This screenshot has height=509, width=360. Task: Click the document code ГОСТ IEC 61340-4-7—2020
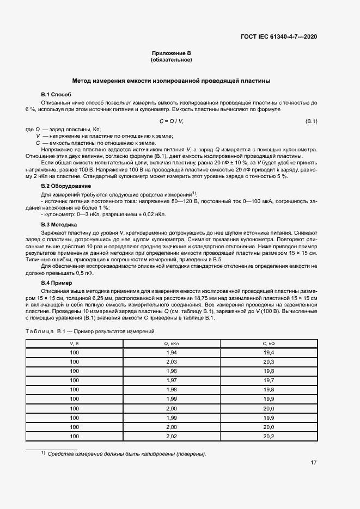[279, 36]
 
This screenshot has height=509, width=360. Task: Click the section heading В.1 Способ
[56, 95]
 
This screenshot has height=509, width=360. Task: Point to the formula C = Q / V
[171, 121]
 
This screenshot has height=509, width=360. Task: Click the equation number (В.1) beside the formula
[311, 121]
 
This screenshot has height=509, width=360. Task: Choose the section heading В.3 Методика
[59, 224]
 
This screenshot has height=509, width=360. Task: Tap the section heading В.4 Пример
[57, 283]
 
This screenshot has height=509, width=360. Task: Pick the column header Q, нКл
[172, 344]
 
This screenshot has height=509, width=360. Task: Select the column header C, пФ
[269, 344]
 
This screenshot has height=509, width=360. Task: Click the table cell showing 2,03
[172, 362]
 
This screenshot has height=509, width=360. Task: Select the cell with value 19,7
[269, 381]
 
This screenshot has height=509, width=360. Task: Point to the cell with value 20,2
[269, 436]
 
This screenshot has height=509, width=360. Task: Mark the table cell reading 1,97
[172, 381]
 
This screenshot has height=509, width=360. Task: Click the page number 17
[314, 463]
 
